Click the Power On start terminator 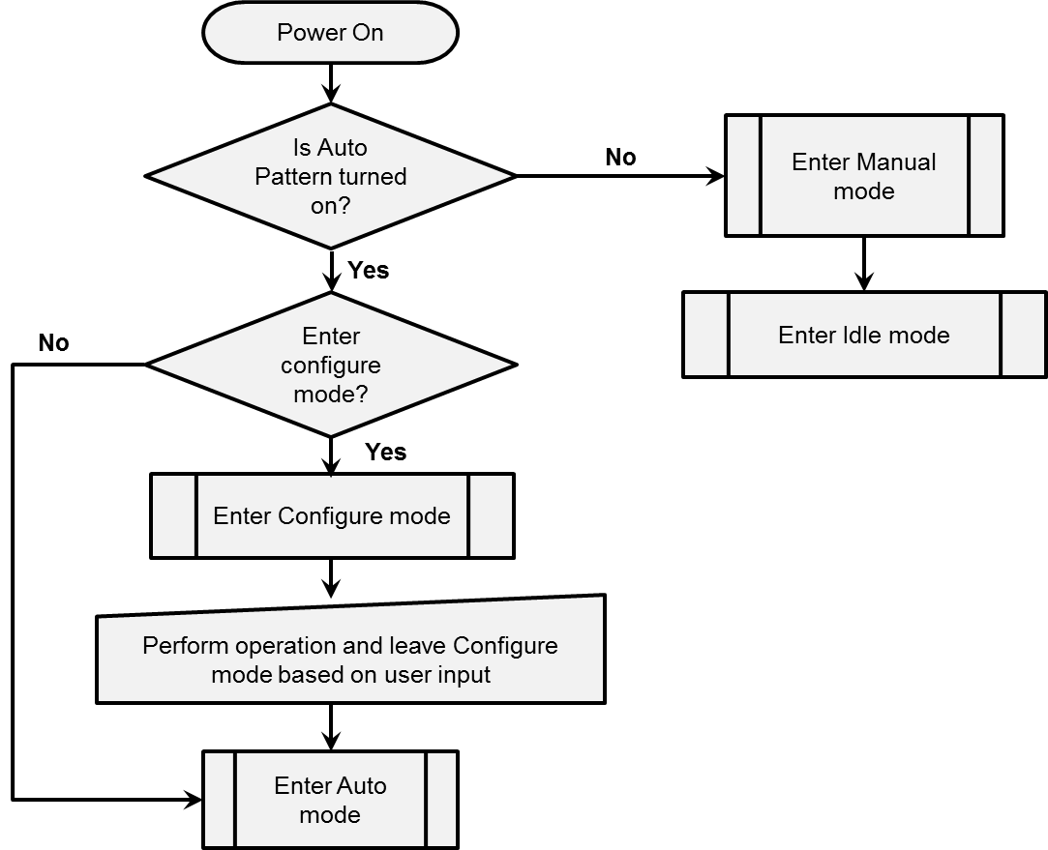click(x=330, y=33)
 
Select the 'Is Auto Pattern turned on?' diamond click(x=330, y=176)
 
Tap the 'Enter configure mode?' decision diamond click(x=330, y=365)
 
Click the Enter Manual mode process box click(x=864, y=176)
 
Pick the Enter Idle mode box click(x=864, y=336)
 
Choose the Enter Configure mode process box click(x=332, y=515)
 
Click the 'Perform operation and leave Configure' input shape click(x=350, y=659)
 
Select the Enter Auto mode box click(x=330, y=800)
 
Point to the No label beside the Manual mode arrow click(x=620, y=157)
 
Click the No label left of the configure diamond click(x=53, y=343)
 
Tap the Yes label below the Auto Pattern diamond click(x=368, y=270)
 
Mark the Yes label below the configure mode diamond click(x=385, y=452)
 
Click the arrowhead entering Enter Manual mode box click(x=716, y=176)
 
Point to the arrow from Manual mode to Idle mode click(x=863, y=264)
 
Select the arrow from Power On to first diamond click(x=330, y=83)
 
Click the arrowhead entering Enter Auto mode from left click(x=194, y=800)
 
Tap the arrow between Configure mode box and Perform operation click(x=331, y=578)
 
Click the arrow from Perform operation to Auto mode click(x=331, y=726)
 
